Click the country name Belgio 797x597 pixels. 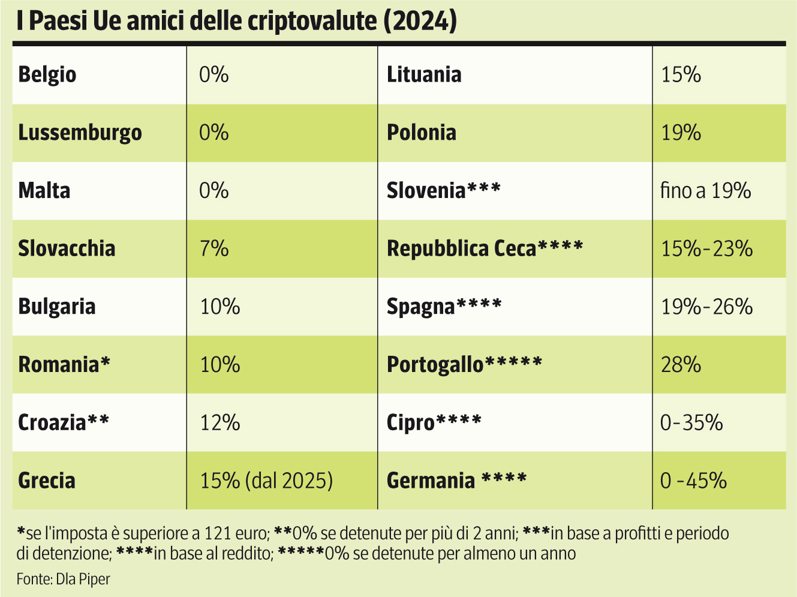[x=47, y=75]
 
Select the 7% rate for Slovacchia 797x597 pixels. [x=214, y=248]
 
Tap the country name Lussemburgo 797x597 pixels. [x=80, y=133]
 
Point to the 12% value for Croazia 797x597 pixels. [x=220, y=422]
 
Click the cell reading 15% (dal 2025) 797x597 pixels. [x=266, y=481]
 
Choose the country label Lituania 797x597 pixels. [x=424, y=75]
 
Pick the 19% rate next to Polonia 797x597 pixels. [x=681, y=133]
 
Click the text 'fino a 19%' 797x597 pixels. [x=705, y=191]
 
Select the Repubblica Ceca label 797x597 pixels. [x=461, y=248]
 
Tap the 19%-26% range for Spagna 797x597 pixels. [x=706, y=307]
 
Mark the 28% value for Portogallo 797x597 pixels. [x=681, y=364]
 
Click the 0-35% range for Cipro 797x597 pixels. [x=691, y=422]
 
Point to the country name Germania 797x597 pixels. [x=431, y=481]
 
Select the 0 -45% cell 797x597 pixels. [x=693, y=481]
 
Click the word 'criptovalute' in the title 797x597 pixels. [x=312, y=22]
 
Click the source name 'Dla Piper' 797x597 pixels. [x=83, y=579]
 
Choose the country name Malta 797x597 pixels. [x=44, y=191]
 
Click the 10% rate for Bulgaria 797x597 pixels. [x=220, y=307]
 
